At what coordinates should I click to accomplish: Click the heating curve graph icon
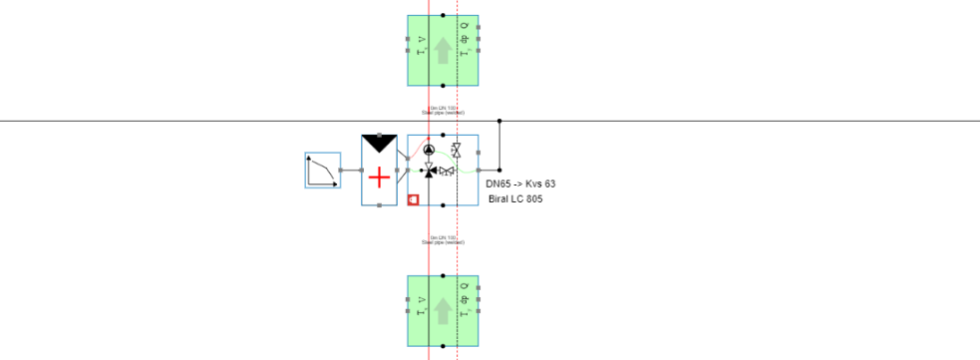(323, 171)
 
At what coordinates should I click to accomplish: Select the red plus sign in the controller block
(379, 178)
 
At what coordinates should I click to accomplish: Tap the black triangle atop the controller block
(379, 143)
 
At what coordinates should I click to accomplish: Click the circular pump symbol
(429, 150)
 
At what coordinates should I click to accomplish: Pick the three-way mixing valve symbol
(429, 171)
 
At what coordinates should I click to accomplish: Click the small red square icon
(413, 199)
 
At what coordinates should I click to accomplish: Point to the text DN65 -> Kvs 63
(520, 184)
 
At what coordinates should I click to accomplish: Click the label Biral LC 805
(515, 199)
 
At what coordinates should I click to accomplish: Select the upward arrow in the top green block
(443, 50)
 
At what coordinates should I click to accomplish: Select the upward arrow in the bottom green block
(443, 310)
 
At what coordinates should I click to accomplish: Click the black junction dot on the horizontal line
(499, 121)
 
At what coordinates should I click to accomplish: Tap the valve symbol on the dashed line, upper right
(456, 151)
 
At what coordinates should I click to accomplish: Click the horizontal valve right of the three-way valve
(448, 171)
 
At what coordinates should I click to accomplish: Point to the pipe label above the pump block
(443, 111)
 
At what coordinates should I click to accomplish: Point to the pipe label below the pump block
(443, 239)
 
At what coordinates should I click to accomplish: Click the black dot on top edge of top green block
(443, 15)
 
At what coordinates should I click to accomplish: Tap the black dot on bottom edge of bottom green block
(443, 345)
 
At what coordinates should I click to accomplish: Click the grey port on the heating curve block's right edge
(341, 171)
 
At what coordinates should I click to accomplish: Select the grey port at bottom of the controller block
(379, 205)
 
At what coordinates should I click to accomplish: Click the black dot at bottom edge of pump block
(443, 205)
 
